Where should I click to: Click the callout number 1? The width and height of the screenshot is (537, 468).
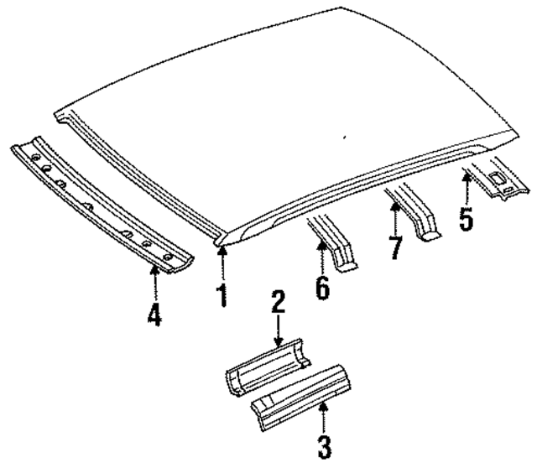[x=222, y=295]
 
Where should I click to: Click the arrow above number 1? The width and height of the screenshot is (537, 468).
[x=222, y=262]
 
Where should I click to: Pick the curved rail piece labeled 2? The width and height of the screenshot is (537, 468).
[x=267, y=370]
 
